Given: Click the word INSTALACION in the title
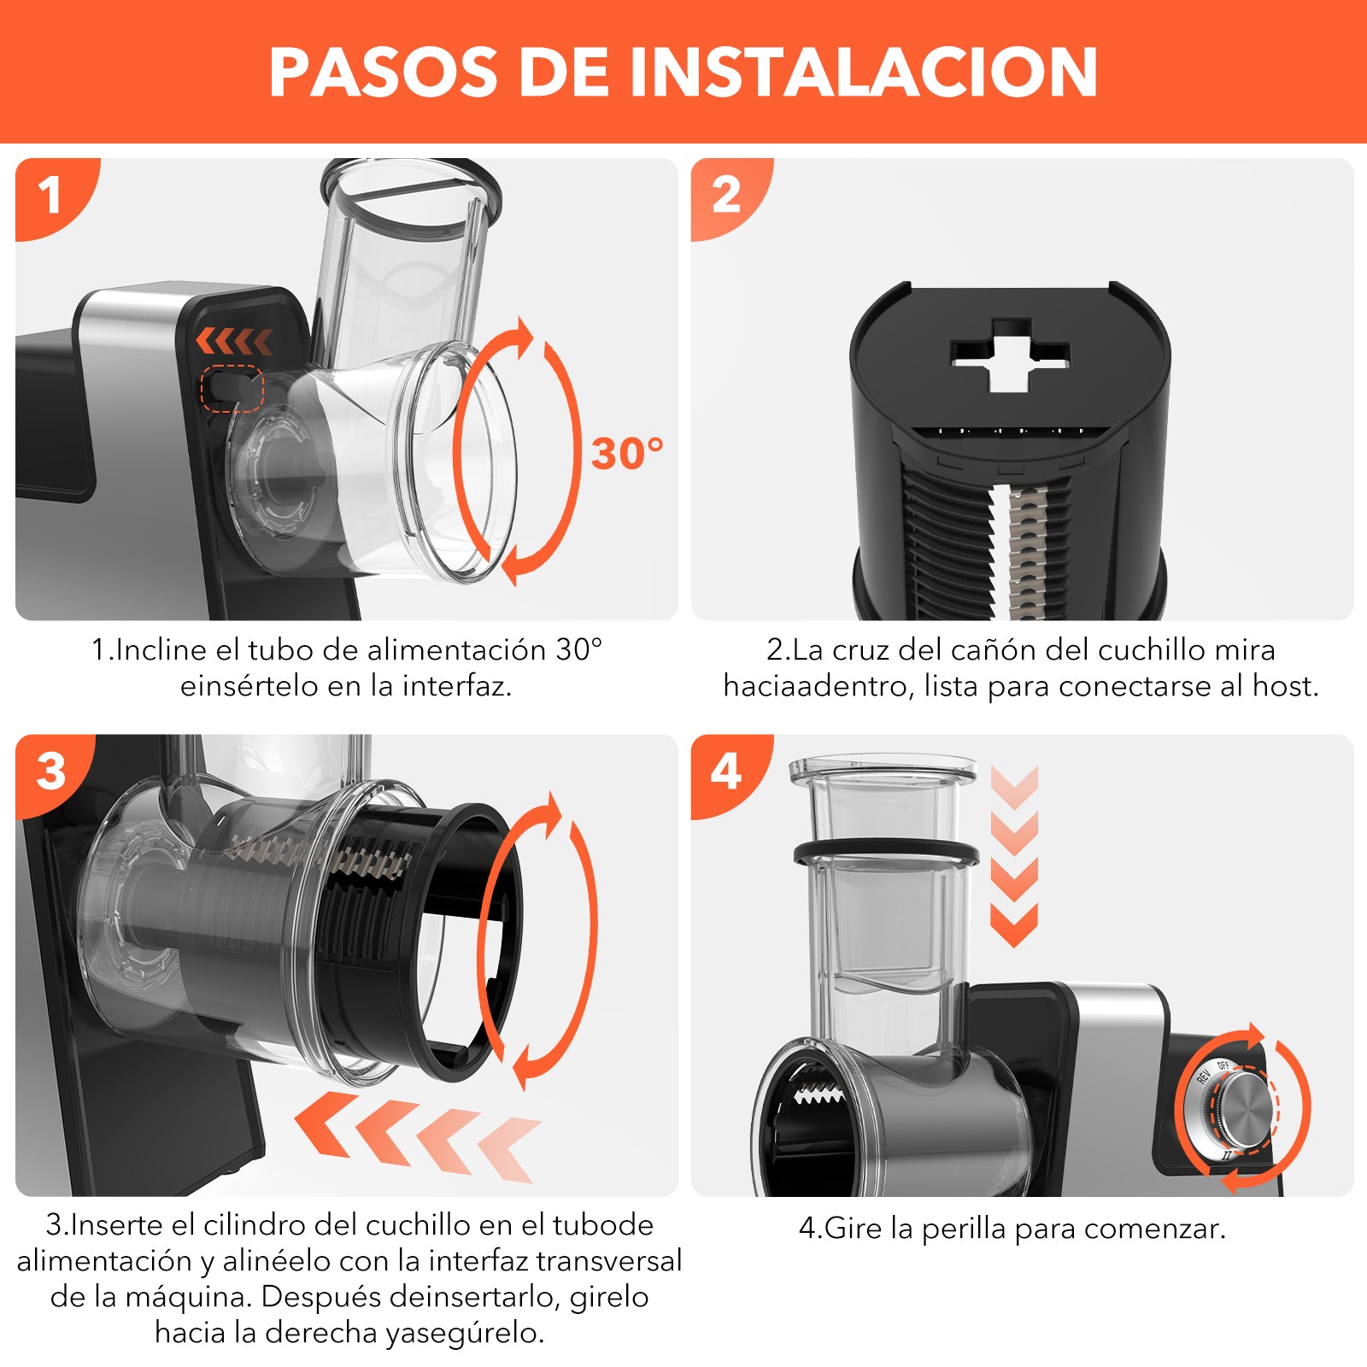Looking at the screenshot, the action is (x=863, y=72).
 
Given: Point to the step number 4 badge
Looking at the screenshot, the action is (x=726, y=772).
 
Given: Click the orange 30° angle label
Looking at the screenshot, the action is (x=627, y=453).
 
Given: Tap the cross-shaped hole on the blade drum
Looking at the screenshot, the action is (x=1010, y=355).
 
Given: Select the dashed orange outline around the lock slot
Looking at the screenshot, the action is (x=232, y=389).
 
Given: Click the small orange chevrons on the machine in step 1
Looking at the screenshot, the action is (x=234, y=341).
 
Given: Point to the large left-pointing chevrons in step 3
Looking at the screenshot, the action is (x=418, y=1136).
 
